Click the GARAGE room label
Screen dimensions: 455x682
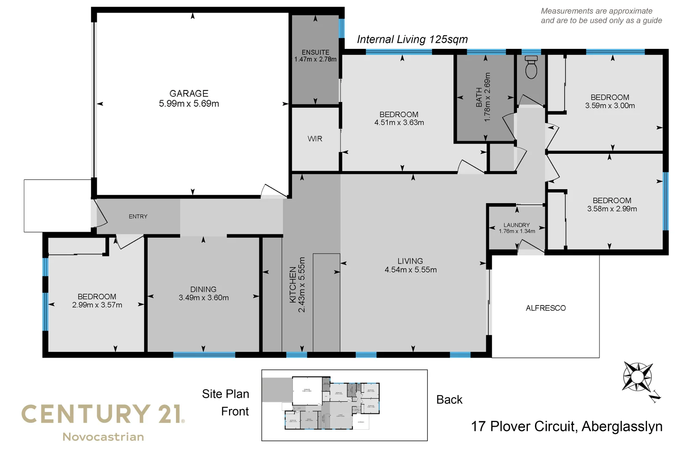[189, 94]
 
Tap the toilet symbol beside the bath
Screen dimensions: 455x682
[531, 67]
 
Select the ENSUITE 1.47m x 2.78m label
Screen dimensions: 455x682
[315, 56]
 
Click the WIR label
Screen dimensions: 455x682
[315, 139]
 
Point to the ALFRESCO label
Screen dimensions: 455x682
[546, 308]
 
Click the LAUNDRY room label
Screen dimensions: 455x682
[517, 225]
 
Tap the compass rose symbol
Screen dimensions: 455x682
[637, 377]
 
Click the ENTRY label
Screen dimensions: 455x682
[138, 217]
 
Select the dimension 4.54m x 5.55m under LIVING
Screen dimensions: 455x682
[410, 270]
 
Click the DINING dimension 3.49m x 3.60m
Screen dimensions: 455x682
[204, 298]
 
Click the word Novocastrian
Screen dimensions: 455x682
[103, 437]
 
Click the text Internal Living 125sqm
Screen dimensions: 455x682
[412, 39]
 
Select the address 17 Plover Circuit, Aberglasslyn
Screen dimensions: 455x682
[566, 426]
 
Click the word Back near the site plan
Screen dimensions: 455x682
[449, 399]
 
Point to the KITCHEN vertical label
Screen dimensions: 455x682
[293, 285]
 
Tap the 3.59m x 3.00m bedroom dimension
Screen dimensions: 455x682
[610, 106]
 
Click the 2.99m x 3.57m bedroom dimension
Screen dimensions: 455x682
[97, 305]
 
